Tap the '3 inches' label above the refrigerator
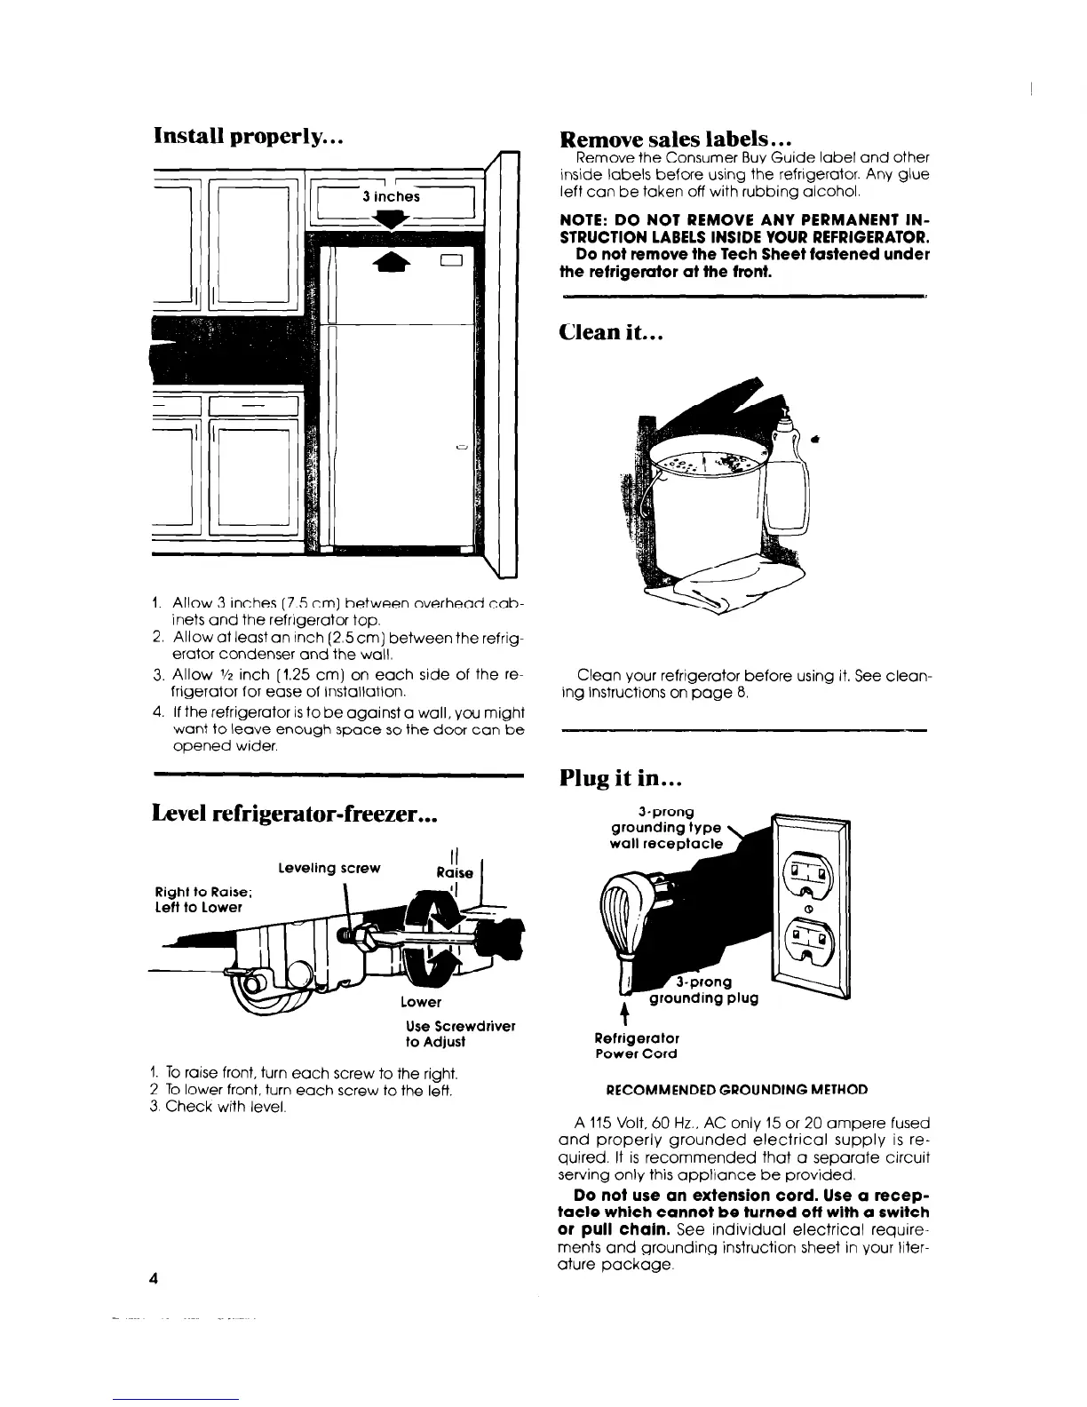click(391, 196)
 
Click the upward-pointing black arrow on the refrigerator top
click(391, 258)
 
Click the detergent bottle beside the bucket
click(788, 480)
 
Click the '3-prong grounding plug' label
click(703, 990)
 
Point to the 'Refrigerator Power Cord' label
click(637, 1045)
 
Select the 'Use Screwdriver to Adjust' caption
click(458, 1034)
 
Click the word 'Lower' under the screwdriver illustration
click(421, 1002)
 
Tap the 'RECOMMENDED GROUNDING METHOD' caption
click(736, 1089)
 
